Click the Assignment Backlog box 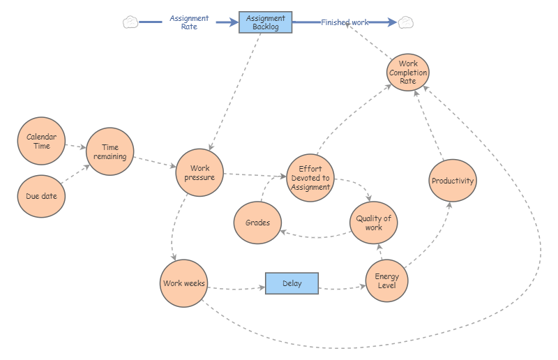tap(265, 22)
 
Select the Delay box tap(292, 283)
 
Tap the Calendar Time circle tap(41, 142)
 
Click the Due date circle tap(41, 196)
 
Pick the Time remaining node tap(110, 152)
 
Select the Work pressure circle tap(199, 172)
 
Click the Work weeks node tap(183, 283)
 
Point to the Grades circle tap(257, 223)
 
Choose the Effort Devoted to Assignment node tap(310, 178)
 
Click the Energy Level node tap(386, 281)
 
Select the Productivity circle tap(452, 181)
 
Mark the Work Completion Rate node tap(408, 73)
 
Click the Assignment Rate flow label tap(189, 22)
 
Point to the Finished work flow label tap(345, 22)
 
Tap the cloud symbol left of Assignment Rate tap(130, 22)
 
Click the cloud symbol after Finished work tap(405, 22)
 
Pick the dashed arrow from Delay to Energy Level tap(342, 287)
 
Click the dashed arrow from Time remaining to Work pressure tap(153, 162)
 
